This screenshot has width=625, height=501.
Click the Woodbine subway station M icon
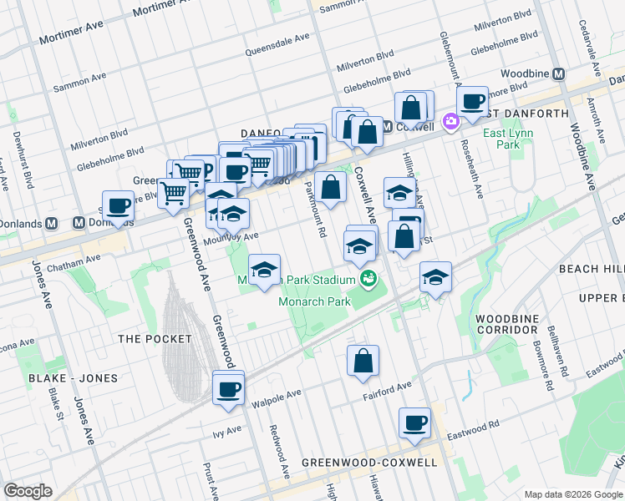[x=558, y=73]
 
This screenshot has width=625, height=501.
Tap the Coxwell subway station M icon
[x=389, y=127]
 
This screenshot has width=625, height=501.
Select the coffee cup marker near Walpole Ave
[x=228, y=389]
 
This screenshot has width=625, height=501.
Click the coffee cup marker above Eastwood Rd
[x=414, y=423]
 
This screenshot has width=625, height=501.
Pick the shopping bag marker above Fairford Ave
[x=363, y=361]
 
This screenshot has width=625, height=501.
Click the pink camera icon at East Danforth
[x=451, y=122]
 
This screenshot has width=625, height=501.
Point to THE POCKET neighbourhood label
[x=155, y=339]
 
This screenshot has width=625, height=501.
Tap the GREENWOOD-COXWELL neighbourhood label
[x=368, y=462]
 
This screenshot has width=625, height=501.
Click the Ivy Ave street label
[x=226, y=431]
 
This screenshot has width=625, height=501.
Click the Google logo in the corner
[x=28, y=491]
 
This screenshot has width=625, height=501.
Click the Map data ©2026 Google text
[x=572, y=493]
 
